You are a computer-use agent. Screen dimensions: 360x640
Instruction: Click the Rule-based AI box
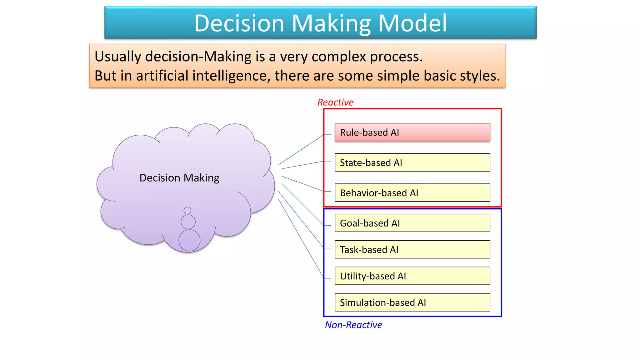[x=412, y=132]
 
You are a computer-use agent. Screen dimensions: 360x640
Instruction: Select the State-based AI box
[x=412, y=162]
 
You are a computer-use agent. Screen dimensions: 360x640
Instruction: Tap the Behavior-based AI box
[x=412, y=193]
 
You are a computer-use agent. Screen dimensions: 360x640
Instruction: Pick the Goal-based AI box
[x=412, y=223]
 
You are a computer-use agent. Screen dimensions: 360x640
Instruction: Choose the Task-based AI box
[x=412, y=249]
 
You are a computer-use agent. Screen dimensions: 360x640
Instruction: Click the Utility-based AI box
[x=412, y=276]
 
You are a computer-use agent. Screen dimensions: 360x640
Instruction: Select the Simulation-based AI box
[x=412, y=302]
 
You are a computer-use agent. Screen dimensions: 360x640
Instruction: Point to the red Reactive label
[x=335, y=102]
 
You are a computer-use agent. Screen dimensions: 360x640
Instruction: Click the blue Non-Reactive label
[x=353, y=325]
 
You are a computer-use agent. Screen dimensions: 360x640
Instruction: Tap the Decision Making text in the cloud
[x=179, y=178]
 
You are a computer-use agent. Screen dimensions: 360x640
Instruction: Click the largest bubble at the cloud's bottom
[x=189, y=240]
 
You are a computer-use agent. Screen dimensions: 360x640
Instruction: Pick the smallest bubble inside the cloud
[x=187, y=210]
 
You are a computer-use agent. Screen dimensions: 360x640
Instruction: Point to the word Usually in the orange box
[x=118, y=57]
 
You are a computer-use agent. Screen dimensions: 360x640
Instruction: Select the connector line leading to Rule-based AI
[x=301, y=150]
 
